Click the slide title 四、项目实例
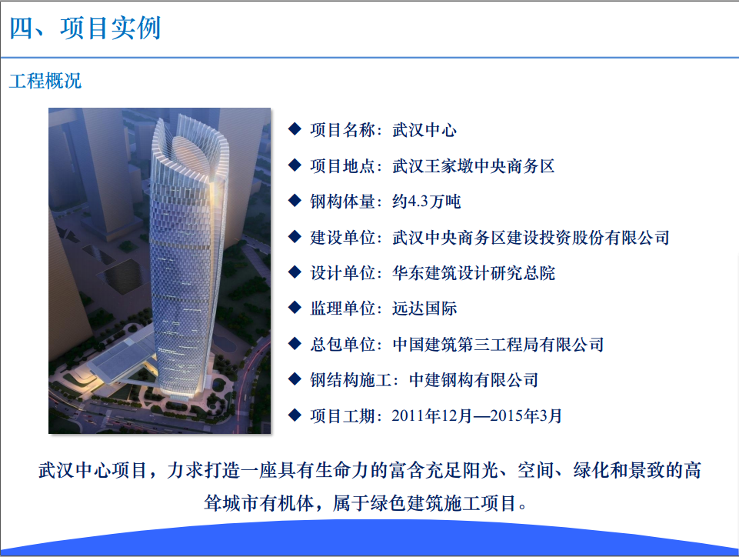[85, 28]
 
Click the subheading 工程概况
[45, 81]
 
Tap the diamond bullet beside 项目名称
[295, 128]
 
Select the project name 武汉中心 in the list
[424, 130]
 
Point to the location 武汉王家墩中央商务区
[473, 166]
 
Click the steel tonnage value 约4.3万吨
[426, 202]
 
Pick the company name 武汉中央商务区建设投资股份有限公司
[531, 237]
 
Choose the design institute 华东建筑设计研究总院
[474, 273]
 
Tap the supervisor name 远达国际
[424, 309]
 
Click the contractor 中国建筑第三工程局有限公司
[498, 345]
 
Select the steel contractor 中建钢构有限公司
[473, 380]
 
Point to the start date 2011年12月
[431, 415]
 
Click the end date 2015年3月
[526, 415]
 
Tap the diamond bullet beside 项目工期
[295, 415]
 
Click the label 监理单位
[342, 309]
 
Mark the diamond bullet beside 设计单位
[295, 272]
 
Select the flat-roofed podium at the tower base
[120, 359]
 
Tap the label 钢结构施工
[351, 380]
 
